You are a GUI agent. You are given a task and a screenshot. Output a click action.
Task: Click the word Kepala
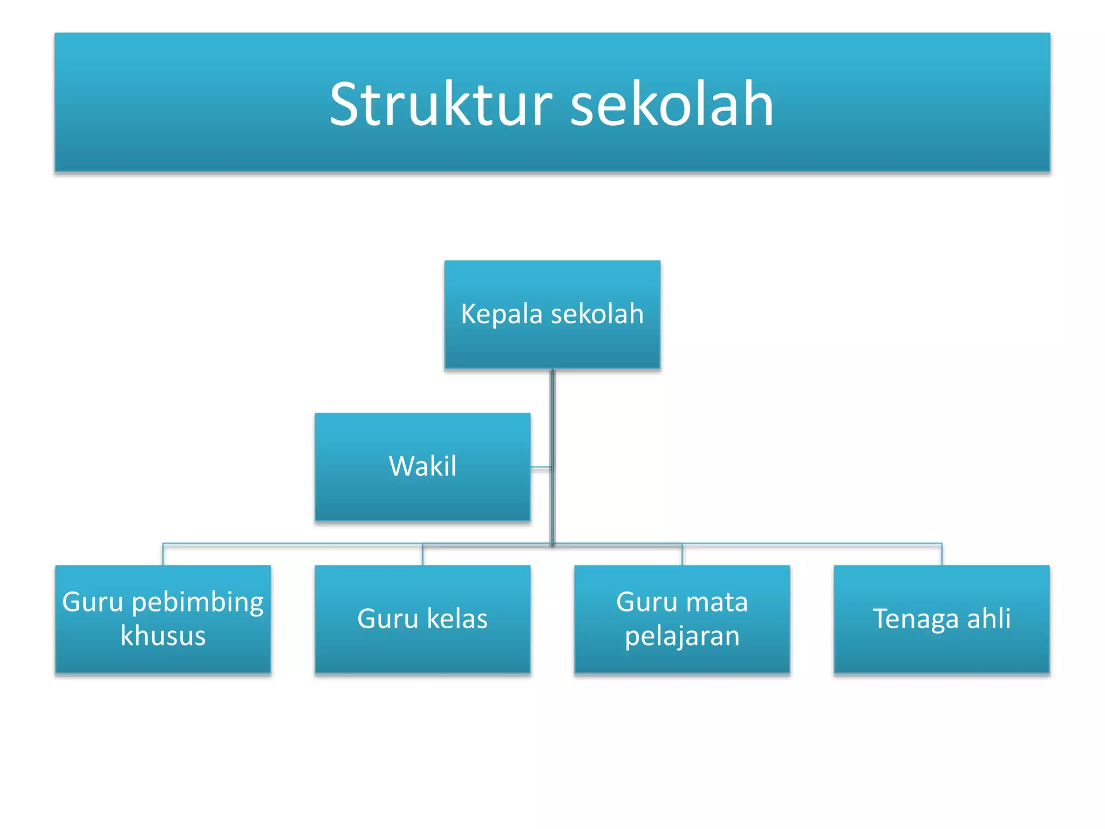click(501, 314)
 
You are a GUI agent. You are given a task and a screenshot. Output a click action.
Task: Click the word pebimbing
click(197, 602)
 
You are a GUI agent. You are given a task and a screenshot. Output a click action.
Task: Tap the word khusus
click(163, 636)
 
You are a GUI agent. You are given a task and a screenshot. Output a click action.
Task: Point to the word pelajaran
click(682, 636)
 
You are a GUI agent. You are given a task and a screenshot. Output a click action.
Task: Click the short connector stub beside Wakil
click(541, 467)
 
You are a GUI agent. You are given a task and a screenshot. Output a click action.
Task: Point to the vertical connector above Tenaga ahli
click(942, 555)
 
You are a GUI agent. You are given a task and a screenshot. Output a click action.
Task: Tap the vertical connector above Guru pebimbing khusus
click(163, 555)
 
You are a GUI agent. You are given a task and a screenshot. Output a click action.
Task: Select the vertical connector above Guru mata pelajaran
click(682, 555)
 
